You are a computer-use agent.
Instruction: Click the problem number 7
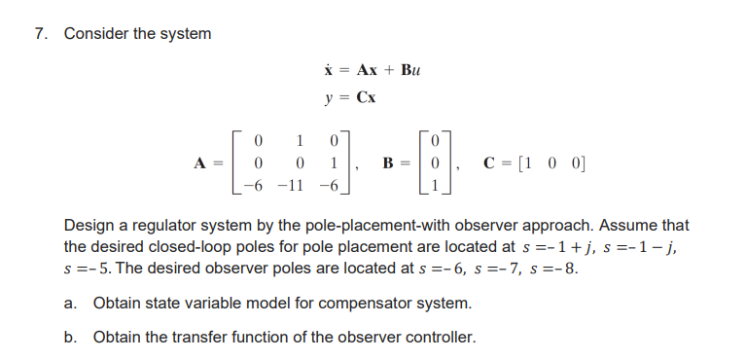pos(39,34)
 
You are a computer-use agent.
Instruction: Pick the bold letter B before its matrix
pos(386,162)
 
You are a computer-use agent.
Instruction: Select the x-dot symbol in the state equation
pos(328,70)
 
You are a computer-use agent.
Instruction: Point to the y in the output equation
pos(330,97)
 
